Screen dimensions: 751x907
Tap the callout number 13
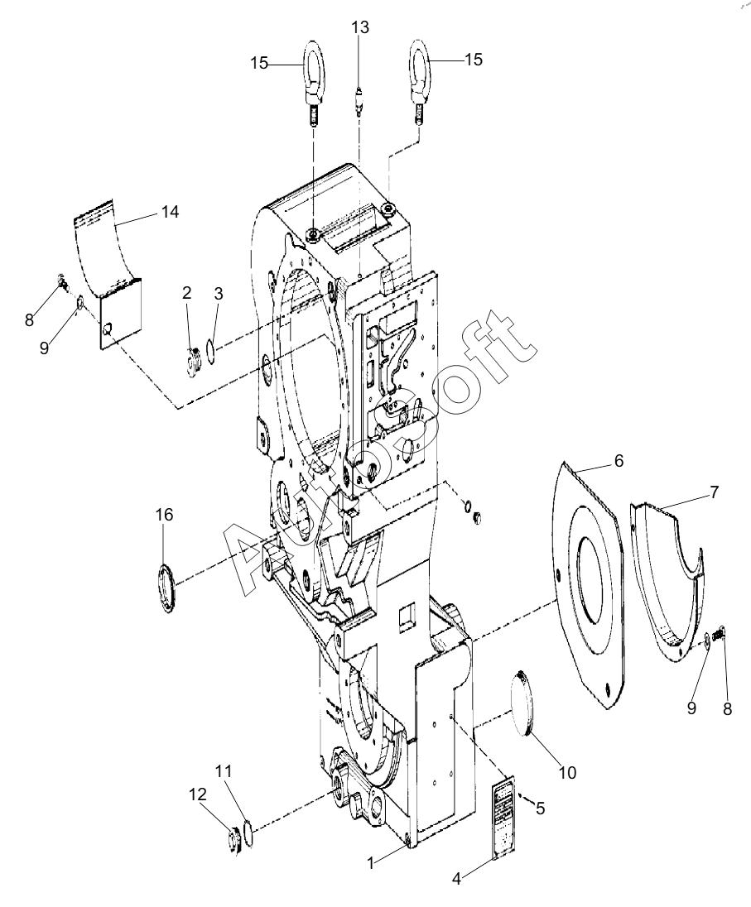[x=359, y=27]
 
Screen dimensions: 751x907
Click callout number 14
[x=170, y=212]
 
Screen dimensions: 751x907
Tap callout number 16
[x=164, y=514]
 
